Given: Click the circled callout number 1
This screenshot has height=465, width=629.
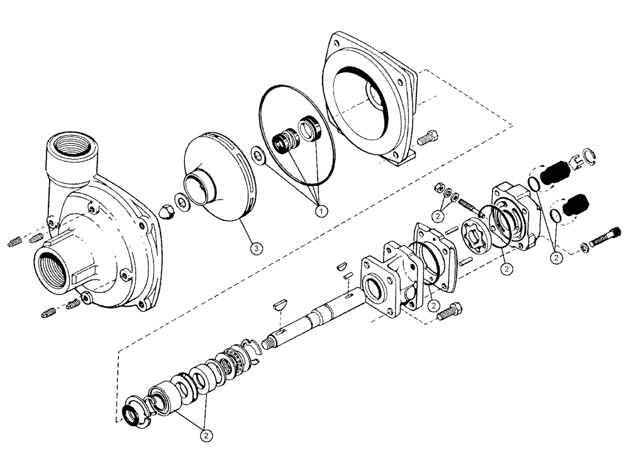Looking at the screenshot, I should coord(321,209).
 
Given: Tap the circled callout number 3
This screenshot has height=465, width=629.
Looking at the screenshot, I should coord(254,248).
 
